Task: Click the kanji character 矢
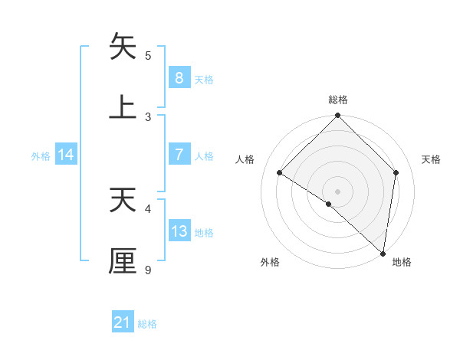click(123, 47)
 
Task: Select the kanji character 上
click(123, 106)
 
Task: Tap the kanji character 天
click(123, 200)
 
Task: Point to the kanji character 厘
click(123, 260)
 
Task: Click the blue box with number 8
click(179, 77)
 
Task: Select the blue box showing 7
click(179, 154)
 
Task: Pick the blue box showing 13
click(179, 231)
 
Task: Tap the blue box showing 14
click(66, 155)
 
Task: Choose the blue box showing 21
click(123, 323)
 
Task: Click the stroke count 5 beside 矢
click(148, 55)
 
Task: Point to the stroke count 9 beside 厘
click(148, 270)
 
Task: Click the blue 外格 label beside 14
click(41, 155)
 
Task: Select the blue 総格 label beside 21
click(147, 324)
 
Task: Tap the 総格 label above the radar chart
click(338, 100)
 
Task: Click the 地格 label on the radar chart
click(402, 262)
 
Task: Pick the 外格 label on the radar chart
click(270, 262)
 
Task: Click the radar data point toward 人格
click(280, 173)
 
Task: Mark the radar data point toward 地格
click(383, 254)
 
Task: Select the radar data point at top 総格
click(337, 116)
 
